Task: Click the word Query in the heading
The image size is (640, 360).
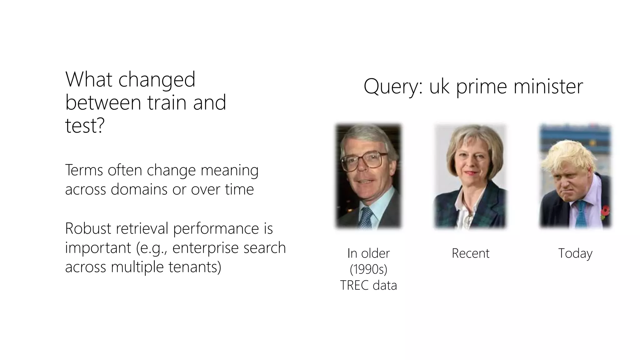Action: click(392, 87)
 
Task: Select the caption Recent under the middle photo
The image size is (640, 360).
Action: click(470, 253)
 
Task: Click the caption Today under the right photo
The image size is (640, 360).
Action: click(575, 253)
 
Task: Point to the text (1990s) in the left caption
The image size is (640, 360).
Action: click(368, 269)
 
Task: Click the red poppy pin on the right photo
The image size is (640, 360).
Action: click(605, 211)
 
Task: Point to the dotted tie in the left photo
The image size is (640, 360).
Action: click(366, 217)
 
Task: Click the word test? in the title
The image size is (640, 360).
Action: click(85, 126)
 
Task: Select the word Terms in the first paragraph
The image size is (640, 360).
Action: click(84, 170)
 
